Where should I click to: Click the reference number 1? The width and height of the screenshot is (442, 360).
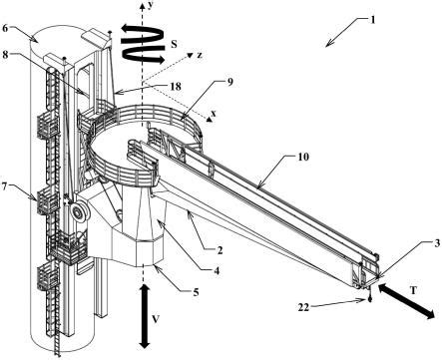click(372, 20)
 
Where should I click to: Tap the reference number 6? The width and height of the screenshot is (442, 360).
click(5, 28)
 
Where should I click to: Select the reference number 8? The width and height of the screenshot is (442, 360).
click(5, 55)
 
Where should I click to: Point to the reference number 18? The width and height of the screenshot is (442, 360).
click(176, 87)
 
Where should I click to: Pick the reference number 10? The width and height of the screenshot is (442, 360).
click(303, 157)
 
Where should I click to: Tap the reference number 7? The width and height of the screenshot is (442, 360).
click(5, 186)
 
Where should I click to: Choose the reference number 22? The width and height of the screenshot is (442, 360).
click(303, 307)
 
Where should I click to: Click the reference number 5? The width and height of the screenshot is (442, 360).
click(196, 292)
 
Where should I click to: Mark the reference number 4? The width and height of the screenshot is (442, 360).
click(217, 271)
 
